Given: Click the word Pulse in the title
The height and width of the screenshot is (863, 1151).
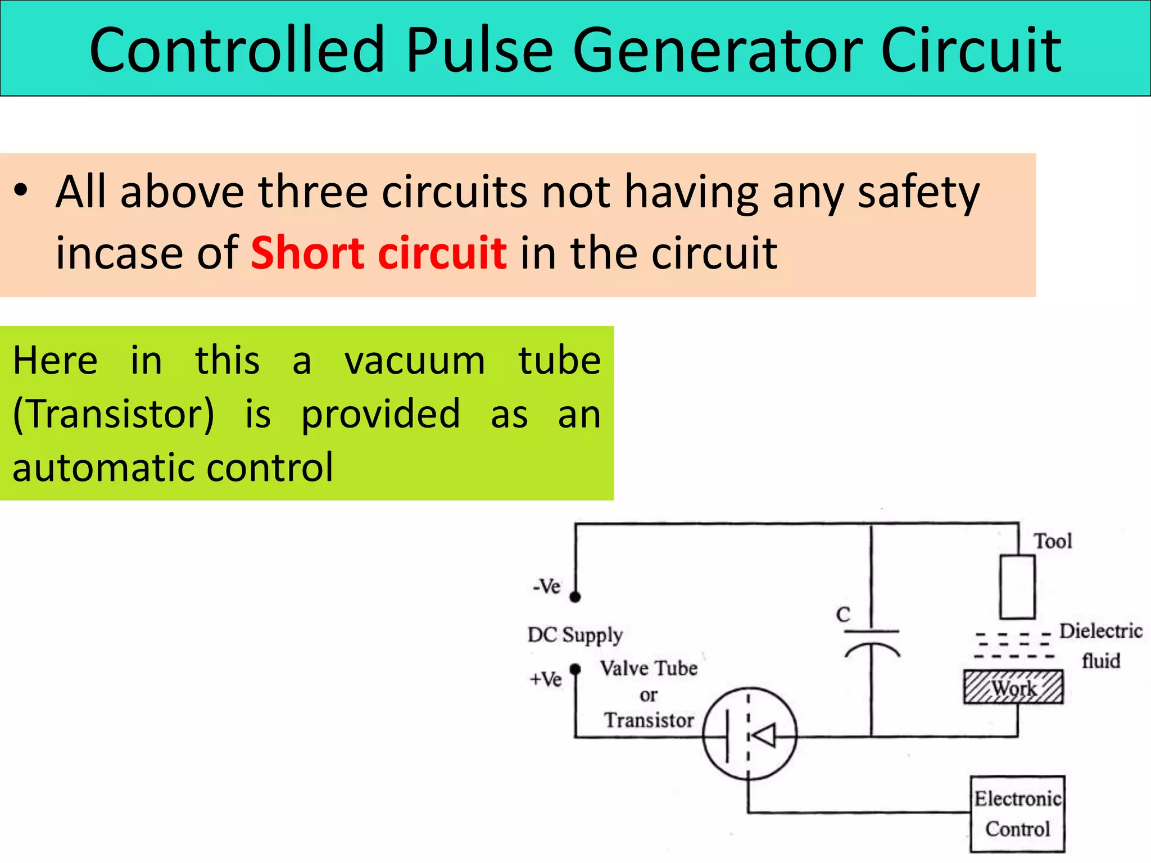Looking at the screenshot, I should click(x=479, y=51).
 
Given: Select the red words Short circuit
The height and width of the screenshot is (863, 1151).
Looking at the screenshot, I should click(x=378, y=253).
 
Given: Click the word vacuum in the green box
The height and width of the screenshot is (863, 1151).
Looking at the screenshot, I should click(x=414, y=361).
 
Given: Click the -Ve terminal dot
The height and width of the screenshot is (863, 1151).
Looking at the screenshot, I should click(x=575, y=597).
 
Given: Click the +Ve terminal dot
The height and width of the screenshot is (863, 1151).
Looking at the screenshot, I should click(x=575, y=669).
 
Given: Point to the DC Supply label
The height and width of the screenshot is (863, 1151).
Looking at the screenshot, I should click(x=575, y=635).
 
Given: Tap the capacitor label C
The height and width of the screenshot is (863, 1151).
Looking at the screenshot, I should click(x=842, y=615).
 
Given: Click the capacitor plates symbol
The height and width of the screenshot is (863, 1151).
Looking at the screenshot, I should click(x=872, y=642).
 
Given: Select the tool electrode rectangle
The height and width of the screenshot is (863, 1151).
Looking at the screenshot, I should click(x=1017, y=587).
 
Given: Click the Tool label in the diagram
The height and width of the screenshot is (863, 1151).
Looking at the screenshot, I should click(x=1053, y=541).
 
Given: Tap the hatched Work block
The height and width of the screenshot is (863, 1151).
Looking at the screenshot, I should click(x=1013, y=687).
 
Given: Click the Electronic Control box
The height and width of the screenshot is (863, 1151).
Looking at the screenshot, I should click(x=1017, y=814).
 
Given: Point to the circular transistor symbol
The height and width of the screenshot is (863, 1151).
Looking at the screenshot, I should click(x=749, y=734).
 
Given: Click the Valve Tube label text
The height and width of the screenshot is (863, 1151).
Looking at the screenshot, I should click(x=649, y=669).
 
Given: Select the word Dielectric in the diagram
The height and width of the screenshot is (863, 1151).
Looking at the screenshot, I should click(x=1100, y=631).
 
